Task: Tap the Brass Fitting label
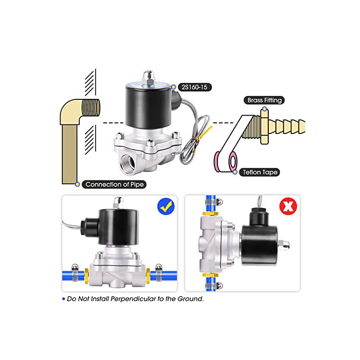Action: tap(264, 100)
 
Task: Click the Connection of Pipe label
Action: tap(114, 184)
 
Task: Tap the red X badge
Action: tap(289, 206)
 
